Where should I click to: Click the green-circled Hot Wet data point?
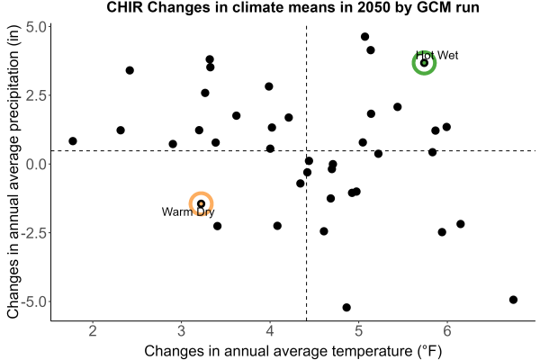pos(424,63)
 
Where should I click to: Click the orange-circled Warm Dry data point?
pos(201,204)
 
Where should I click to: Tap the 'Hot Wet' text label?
pos(437,56)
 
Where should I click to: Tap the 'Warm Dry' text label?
pos(188,211)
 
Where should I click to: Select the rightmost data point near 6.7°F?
pos(513,300)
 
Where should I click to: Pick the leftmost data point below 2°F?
pos(73,141)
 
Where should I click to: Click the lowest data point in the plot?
pos(346,307)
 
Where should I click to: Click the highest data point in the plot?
pos(365,37)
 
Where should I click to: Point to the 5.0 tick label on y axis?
pos(36,27)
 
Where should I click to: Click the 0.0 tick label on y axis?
pos(36,164)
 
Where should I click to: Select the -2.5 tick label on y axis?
pos(34,233)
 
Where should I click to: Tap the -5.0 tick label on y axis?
pos(34,301)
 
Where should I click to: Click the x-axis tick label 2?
pos(93,331)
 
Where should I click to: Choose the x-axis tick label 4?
pos(270,331)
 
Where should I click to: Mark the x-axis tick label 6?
pos(447,331)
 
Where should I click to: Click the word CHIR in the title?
pos(125,7)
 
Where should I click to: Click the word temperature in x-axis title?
pos(371,351)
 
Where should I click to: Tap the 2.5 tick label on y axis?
pos(36,95)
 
